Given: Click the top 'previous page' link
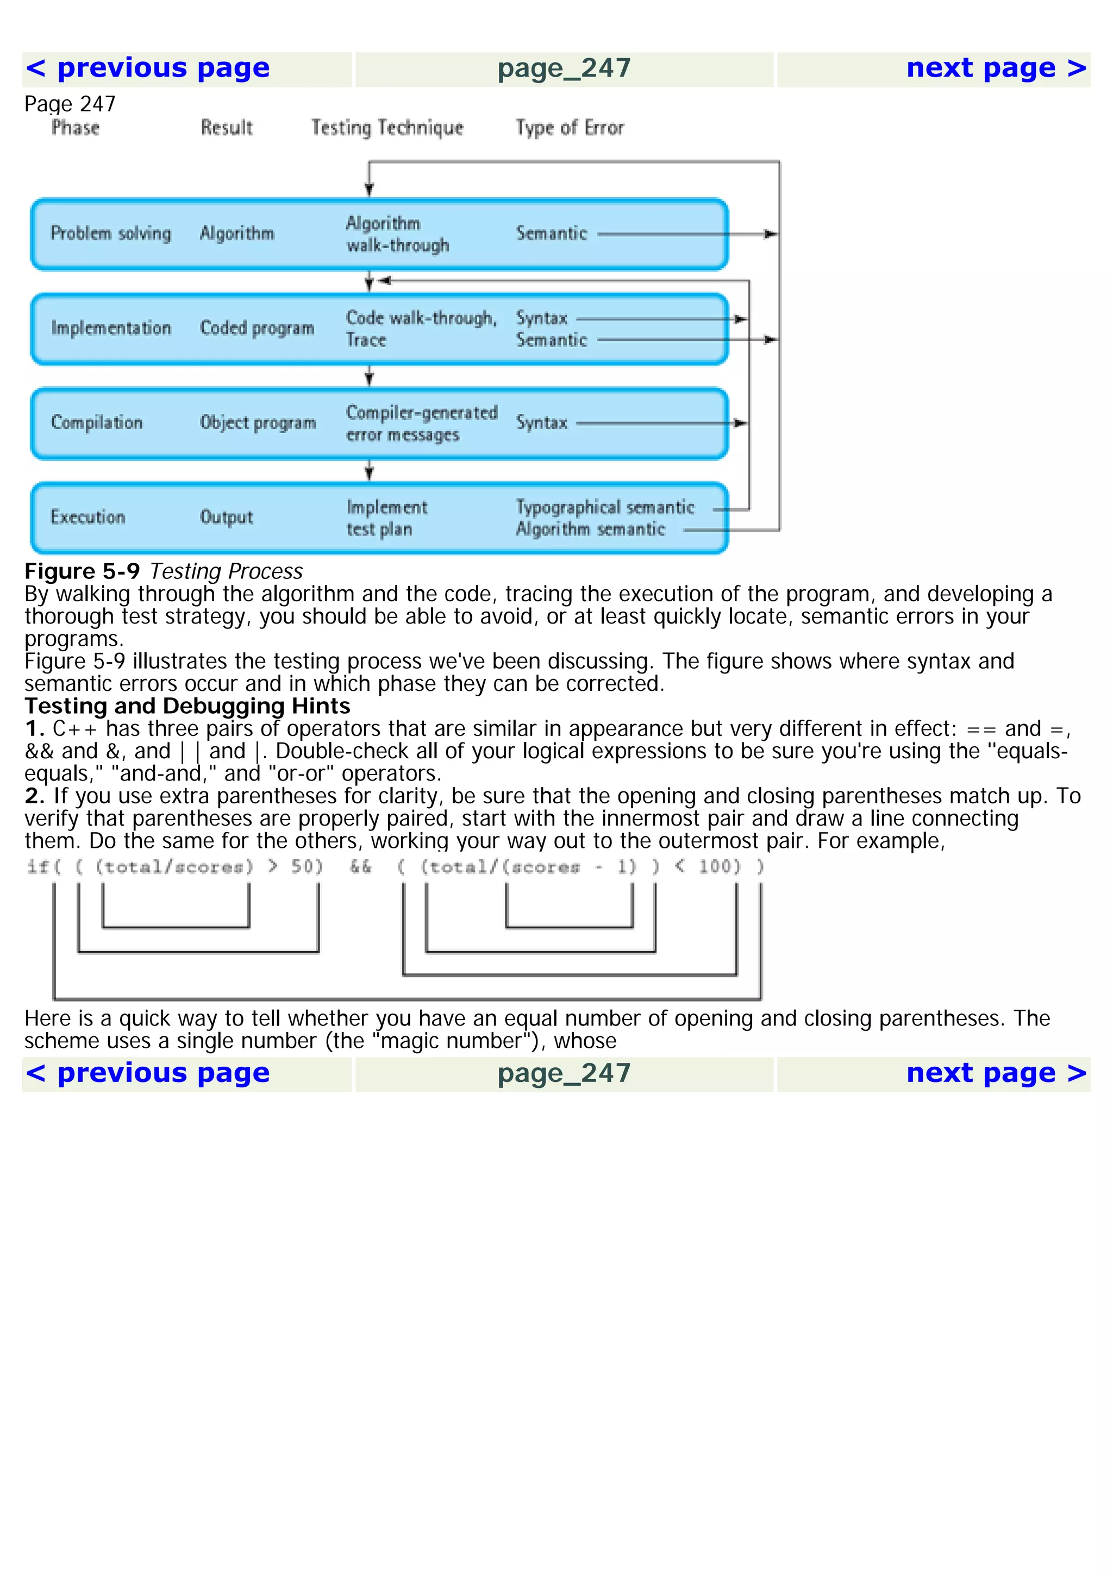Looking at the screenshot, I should pyautogui.click(x=147, y=68).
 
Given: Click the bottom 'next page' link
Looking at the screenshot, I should pyautogui.click(x=996, y=1073).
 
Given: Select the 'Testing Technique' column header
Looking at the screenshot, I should pyautogui.click(x=387, y=128).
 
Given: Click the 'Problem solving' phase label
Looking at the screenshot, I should pyautogui.click(x=110, y=233).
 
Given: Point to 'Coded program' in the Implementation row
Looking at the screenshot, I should pyautogui.click(x=257, y=328).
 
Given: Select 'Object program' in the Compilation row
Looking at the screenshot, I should pyautogui.click(x=258, y=423).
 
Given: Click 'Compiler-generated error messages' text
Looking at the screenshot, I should pyautogui.click(x=421, y=423).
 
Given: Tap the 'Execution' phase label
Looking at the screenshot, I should pyautogui.click(x=88, y=517).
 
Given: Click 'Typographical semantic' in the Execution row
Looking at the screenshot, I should pyautogui.click(x=604, y=507).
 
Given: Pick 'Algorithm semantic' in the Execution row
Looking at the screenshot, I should pyautogui.click(x=590, y=529).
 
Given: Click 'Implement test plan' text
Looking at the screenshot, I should pyautogui.click(x=385, y=518).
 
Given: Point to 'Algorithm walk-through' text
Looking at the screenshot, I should pyautogui.click(x=397, y=234).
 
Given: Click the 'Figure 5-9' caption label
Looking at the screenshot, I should pyautogui.click(x=82, y=571).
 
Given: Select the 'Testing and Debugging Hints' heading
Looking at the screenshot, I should pyautogui.click(x=187, y=706).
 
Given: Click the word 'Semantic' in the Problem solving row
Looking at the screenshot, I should pyautogui.click(x=552, y=233).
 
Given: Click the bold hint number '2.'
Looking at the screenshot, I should pyautogui.click(x=34, y=796).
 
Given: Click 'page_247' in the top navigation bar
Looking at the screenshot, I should pyautogui.click(x=564, y=68).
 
